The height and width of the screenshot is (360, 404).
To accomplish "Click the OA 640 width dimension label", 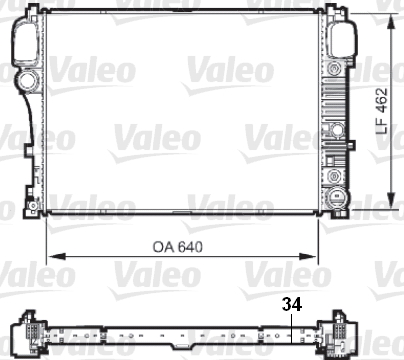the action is pyautogui.click(x=178, y=247).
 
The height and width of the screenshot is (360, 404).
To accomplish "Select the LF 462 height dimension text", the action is pyautogui.click(x=382, y=111).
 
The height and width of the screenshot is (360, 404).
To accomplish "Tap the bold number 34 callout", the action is pyautogui.click(x=292, y=304).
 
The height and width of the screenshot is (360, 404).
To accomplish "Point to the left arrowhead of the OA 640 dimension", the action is pyautogui.click(x=56, y=256).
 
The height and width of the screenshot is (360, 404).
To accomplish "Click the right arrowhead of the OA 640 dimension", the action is pyautogui.click(x=307, y=256).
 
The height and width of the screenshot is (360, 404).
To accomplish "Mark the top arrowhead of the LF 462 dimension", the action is pyautogui.click(x=392, y=22).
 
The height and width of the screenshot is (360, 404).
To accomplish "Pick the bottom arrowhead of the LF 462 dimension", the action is pyautogui.click(x=392, y=200).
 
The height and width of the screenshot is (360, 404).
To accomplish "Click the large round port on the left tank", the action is pyautogui.click(x=28, y=81).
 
